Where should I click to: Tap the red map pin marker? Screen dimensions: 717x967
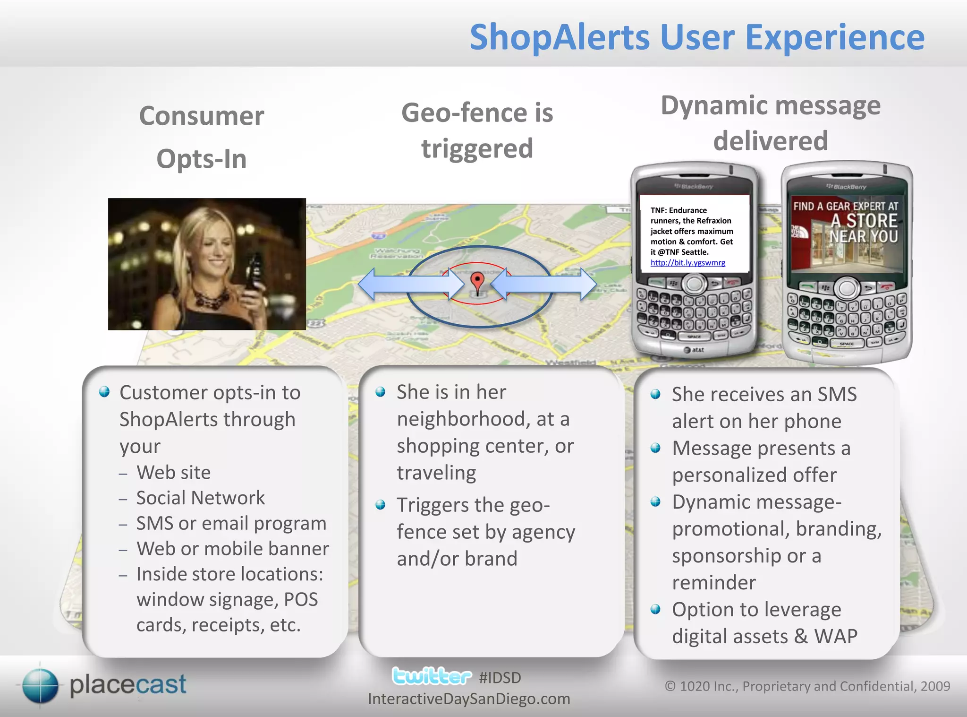477,281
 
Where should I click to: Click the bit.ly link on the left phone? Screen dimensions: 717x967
687,263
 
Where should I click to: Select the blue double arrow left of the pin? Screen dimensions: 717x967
411,284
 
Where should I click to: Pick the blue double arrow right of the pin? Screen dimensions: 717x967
543,284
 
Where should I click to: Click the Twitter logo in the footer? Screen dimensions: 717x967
432,676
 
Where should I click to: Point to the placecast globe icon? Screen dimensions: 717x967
40,685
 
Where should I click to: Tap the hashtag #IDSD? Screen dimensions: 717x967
500,678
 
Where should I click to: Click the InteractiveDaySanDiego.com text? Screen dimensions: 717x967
469,699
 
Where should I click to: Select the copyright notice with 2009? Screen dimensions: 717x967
807,686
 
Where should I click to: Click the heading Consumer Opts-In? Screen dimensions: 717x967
202,137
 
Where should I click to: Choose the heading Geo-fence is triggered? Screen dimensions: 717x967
477,130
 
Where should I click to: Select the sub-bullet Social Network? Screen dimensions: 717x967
200,498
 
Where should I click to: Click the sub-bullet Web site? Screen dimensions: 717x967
173,472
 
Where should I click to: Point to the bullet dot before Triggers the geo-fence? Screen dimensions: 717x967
381,505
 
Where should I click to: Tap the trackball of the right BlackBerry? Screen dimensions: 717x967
848,288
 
